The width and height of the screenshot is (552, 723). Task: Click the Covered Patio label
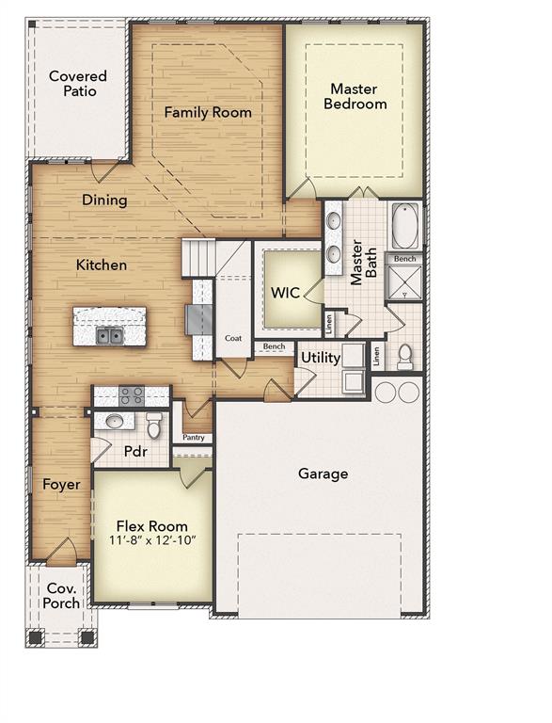coord(78,84)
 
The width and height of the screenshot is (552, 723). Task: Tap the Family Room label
coord(208,112)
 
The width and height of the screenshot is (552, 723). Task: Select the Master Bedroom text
coord(355,96)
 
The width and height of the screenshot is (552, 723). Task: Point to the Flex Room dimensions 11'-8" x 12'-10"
coord(151,542)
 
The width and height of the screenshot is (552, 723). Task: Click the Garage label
coord(323,474)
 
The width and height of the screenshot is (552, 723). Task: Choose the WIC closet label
coord(285,293)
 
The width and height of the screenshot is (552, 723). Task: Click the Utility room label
coord(319,358)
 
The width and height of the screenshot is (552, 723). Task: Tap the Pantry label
coord(194,438)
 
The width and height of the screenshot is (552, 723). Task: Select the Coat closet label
coord(233,338)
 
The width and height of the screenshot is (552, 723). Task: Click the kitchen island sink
coord(110,335)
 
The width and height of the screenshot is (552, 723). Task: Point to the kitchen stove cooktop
coord(131,395)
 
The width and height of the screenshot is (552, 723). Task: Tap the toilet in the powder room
coord(154,422)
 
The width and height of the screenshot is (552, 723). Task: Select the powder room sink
coord(114,421)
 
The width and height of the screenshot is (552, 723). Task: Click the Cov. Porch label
coord(62,596)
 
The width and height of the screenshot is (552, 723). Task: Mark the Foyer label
coord(61,485)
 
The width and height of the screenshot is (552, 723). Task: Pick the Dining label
coord(104,200)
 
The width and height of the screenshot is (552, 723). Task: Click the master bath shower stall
coord(405,283)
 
